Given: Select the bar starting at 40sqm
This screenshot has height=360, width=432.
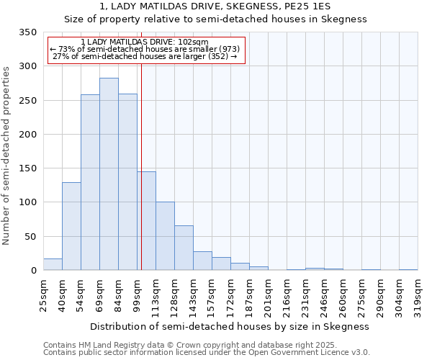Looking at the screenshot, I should [71, 226].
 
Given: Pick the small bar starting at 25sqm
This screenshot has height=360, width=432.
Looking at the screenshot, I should [53, 264].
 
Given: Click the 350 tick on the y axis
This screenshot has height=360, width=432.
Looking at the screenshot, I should [27, 32].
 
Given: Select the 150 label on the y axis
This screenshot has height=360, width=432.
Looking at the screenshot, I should [27, 168].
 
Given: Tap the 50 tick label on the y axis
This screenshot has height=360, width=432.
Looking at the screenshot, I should [30, 236].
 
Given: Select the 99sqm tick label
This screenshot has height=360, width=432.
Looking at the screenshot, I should [138, 294].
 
